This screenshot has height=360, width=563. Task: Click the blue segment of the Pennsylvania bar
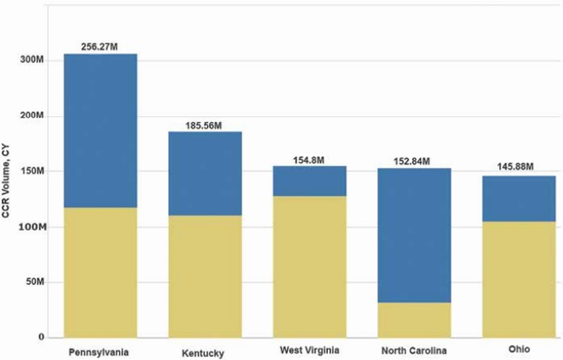point(100,130)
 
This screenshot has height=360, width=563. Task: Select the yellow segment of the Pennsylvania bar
point(100,271)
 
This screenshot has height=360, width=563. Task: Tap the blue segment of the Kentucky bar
point(205,173)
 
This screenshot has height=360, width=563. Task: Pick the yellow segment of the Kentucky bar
point(205,276)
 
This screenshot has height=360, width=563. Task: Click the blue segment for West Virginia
point(309,181)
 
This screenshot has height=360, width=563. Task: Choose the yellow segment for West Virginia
point(309,266)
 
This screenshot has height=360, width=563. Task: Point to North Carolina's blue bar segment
point(414,235)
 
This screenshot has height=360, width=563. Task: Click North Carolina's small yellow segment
point(414,320)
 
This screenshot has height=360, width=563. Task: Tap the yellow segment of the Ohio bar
point(519,280)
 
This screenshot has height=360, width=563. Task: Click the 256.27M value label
point(100,46)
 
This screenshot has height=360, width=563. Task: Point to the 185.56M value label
point(205,125)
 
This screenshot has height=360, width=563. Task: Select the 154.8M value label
point(309,159)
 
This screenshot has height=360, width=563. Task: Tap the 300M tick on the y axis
point(34,60)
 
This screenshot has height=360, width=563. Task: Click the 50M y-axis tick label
point(37,282)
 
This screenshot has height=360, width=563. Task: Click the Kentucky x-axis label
point(202,353)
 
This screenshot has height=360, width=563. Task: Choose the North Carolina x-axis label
point(414,350)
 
